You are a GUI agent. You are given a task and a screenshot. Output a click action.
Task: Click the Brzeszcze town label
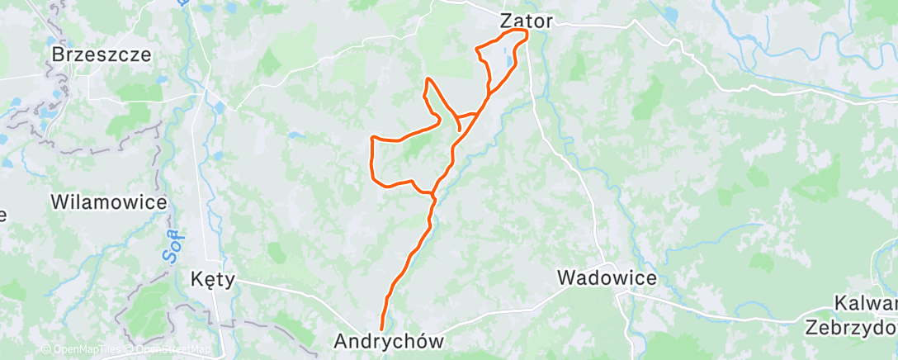click(x=102, y=54)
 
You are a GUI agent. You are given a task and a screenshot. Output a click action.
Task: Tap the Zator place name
click(x=526, y=20)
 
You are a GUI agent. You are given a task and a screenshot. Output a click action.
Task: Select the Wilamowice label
click(x=109, y=201)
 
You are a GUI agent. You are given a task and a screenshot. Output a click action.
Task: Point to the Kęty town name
click(x=212, y=279)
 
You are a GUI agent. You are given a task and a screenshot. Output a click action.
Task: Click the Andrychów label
click(x=389, y=340)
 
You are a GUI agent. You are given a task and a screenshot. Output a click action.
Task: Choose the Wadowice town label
click(x=607, y=277)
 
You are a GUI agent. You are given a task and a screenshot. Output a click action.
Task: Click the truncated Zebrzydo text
click(x=850, y=325)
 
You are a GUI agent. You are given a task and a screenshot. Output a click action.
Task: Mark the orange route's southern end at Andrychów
click(x=381, y=329)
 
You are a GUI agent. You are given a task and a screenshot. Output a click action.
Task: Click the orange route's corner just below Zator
click(x=525, y=33)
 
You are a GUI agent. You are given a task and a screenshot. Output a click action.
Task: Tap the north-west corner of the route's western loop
click(x=374, y=137)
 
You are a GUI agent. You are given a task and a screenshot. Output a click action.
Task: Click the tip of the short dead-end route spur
click(x=459, y=130)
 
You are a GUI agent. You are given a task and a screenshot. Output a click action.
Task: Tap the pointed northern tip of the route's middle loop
click(x=428, y=78)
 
